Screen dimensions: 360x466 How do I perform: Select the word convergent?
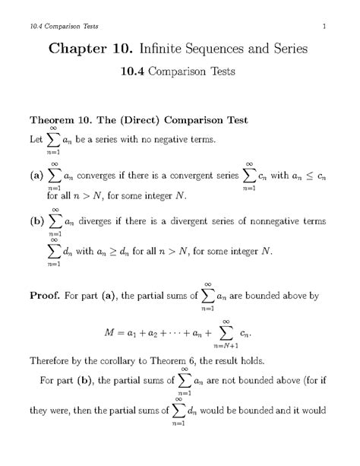195,176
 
